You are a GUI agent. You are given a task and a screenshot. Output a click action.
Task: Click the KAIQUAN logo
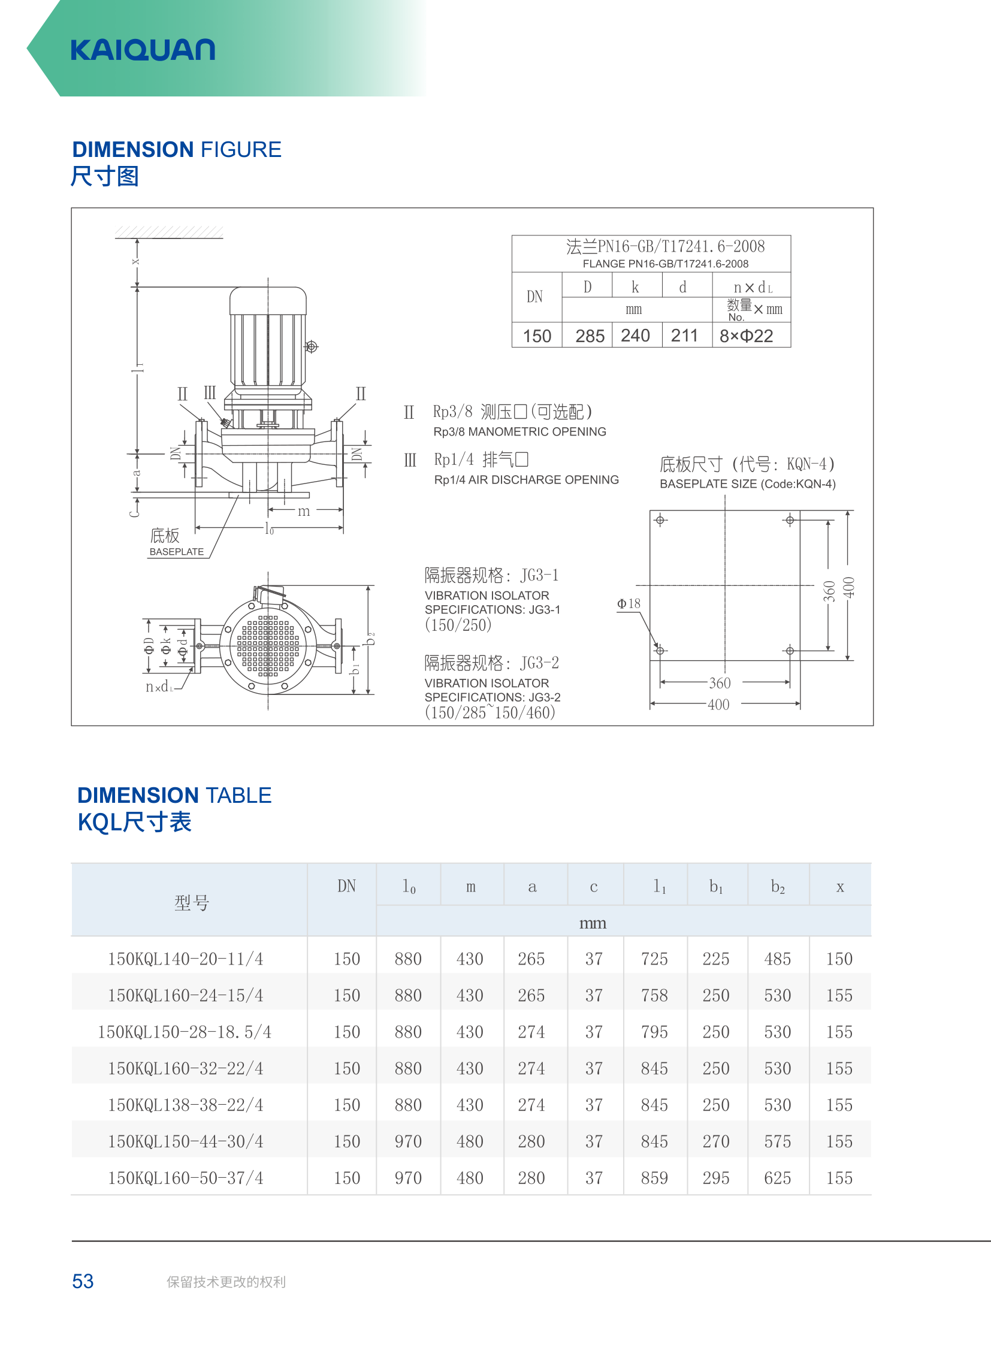pos(143,50)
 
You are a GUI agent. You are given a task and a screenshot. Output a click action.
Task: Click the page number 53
pos(83,1281)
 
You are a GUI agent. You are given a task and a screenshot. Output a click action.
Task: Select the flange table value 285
pos(590,336)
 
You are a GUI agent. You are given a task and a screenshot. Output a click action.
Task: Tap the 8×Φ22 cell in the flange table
pos(747,336)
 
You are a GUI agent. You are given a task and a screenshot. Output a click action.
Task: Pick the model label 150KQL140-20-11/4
pos(185,959)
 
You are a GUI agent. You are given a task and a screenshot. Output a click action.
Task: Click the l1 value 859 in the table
pos(654,1178)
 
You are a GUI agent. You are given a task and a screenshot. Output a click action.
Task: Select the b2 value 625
pos(778,1178)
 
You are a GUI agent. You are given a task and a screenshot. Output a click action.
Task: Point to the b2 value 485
pos(778,959)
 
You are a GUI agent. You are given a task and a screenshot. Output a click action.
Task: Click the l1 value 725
pos(654,959)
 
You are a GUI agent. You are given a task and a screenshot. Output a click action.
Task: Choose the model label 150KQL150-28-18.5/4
pos(185,1032)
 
